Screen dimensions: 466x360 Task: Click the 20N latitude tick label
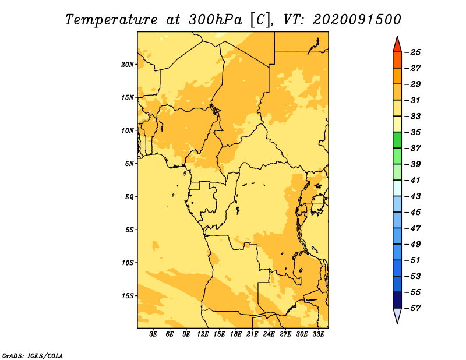pos(128,65)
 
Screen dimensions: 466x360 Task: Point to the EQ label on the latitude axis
pos(129,197)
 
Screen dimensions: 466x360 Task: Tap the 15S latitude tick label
pos(128,296)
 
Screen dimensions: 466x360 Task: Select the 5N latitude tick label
pos(129,164)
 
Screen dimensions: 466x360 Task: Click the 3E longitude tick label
pos(153,334)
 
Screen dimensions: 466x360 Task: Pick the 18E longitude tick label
pos(236,334)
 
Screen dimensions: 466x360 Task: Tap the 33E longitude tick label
pos(318,334)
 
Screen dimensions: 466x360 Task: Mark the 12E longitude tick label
pos(203,334)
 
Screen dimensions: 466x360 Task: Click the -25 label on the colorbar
pos(413,52)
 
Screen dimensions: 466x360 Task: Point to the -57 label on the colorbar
pos(413,308)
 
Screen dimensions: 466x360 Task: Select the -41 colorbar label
pos(413,181)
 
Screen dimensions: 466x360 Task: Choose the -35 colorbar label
pos(413,132)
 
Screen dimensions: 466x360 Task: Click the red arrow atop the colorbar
pos(397,45)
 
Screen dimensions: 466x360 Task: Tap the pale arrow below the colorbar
pos(397,315)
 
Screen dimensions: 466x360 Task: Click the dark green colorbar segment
pos(397,140)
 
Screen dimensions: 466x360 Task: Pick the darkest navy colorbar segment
pos(397,300)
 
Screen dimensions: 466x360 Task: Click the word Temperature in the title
pos(111,20)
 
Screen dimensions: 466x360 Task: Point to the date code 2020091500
pos(357,20)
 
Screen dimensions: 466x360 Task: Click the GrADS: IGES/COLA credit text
pos(33,356)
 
